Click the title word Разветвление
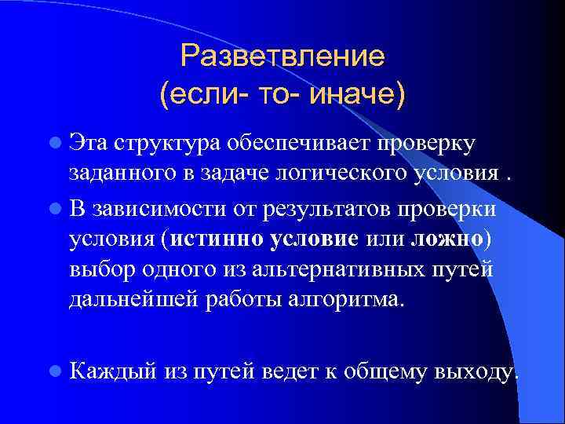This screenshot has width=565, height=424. (282, 57)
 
